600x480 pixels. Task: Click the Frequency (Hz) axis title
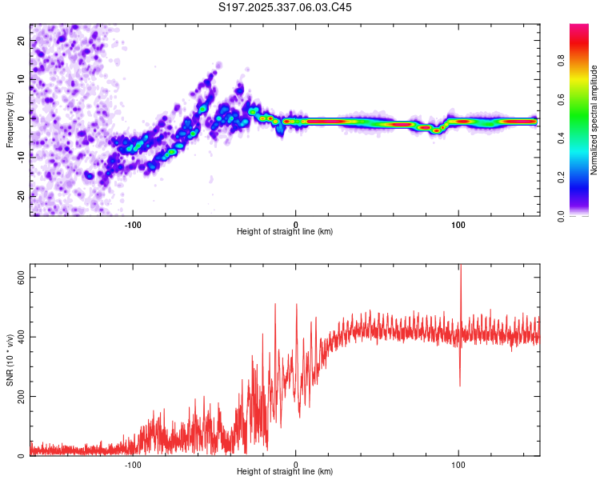(x=10, y=120)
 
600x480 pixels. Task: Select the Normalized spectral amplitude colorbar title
(x=594, y=120)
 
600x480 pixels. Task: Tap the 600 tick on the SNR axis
(x=22, y=276)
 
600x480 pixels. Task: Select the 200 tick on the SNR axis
(x=22, y=396)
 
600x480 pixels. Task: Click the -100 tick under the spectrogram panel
(x=133, y=224)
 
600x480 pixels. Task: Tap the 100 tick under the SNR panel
(x=458, y=464)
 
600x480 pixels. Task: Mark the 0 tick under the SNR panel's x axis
(x=296, y=464)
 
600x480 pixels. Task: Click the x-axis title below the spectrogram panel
(x=285, y=232)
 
